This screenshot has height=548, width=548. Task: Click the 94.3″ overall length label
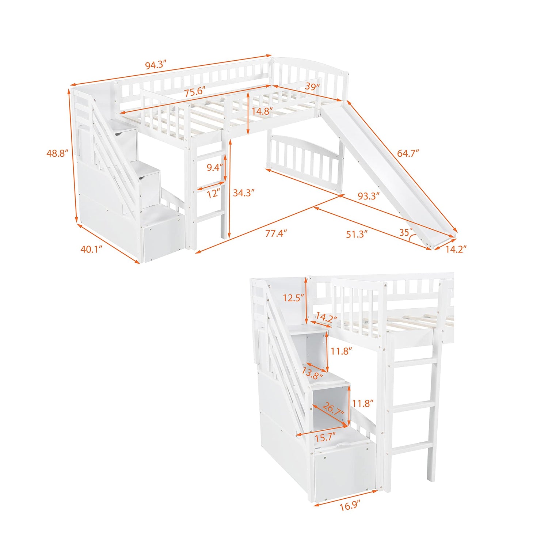tap(156, 65)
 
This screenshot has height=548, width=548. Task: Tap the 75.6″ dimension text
tap(194, 91)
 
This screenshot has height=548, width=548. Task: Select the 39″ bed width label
tap(312, 87)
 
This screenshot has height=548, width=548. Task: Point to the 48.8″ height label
tap(57, 153)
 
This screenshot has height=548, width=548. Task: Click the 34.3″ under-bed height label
tap(244, 193)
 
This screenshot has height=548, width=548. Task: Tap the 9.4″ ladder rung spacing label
tap(215, 168)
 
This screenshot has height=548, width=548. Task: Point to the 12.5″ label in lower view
tap(293, 298)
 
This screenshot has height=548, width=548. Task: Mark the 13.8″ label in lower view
tap(312, 373)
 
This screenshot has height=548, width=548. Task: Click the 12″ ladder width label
tap(213, 194)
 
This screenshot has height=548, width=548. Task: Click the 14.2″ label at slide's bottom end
tap(456, 250)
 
